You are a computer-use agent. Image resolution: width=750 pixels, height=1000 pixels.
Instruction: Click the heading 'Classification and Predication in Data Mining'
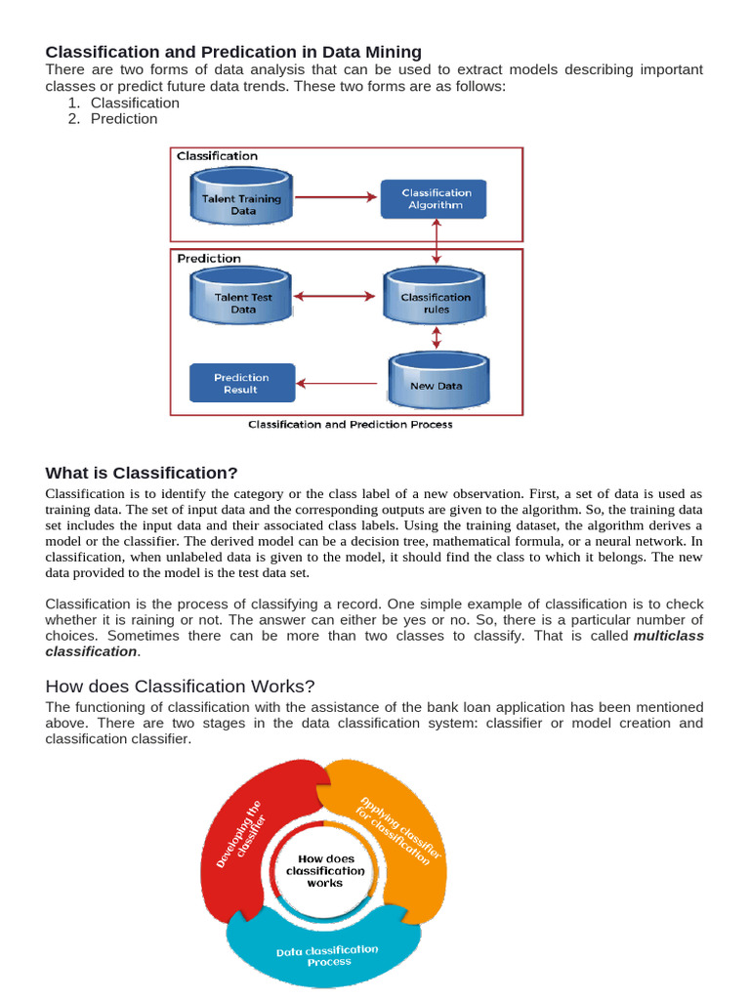pos(233,51)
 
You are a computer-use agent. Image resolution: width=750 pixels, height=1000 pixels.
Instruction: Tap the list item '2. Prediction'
pos(124,119)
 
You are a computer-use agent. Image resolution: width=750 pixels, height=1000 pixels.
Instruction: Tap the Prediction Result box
pos(240,383)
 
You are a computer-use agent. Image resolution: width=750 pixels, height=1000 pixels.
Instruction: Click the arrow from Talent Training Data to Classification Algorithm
pos(335,198)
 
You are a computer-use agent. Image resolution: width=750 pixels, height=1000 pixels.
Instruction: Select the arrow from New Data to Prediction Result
pos(340,383)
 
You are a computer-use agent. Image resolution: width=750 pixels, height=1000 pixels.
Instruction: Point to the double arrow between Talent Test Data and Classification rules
pos(335,296)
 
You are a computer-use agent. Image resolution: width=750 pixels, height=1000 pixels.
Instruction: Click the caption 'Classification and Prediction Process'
pos(350,425)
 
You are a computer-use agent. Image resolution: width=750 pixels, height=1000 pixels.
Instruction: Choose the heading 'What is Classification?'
pos(142,473)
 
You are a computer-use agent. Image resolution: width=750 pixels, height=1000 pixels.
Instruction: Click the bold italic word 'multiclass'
pos(669,636)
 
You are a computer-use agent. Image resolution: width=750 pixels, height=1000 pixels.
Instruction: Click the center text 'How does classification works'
pos(325,870)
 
